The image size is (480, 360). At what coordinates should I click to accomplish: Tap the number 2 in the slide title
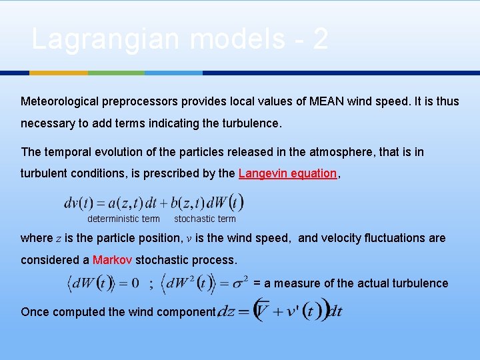[319, 40]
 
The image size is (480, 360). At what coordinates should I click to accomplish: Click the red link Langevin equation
[287, 173]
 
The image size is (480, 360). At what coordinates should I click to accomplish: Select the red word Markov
[112, 260]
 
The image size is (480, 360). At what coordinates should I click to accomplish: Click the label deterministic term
[123, 219]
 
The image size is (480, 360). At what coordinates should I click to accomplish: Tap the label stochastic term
[205, 219]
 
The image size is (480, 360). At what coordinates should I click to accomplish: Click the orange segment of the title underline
[59, 72]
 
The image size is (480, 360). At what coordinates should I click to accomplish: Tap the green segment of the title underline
[116, 72]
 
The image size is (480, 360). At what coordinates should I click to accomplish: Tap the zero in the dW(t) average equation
[134, 283]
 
